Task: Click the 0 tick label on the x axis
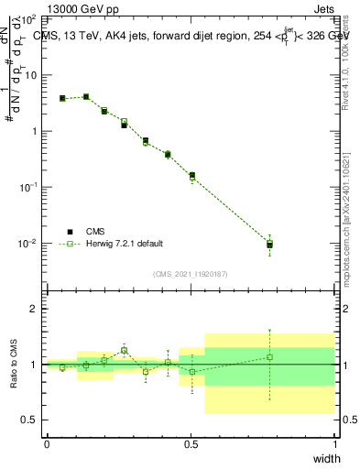tap(47, 444)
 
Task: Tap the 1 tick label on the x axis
tap(335, 444)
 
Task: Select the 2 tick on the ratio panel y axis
tap(34, 309)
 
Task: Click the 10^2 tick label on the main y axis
tap(29, 18)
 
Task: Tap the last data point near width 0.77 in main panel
tap(269, 245)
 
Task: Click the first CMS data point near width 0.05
tap(62, 98)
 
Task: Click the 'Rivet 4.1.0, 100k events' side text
tap(345, 64)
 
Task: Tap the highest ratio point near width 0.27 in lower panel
tap(124, 350)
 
